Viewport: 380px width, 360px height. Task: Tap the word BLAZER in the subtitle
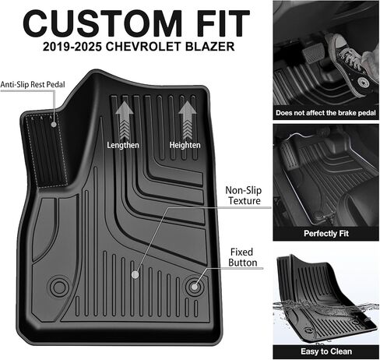208,47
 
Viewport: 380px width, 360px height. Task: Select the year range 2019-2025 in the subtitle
72,47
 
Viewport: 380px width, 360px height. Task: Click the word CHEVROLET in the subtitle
141,47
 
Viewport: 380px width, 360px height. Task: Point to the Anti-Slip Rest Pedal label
33,84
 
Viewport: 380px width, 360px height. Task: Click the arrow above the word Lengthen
124,120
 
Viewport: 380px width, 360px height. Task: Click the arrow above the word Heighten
187,120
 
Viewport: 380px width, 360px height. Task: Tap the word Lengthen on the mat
123,145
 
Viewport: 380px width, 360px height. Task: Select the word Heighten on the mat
185,145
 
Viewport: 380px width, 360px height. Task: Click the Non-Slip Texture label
244,196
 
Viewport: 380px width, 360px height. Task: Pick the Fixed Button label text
243,257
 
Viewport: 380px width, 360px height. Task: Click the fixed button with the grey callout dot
195,287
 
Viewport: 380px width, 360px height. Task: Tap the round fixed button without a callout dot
59,287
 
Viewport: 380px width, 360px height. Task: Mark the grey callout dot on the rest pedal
54,124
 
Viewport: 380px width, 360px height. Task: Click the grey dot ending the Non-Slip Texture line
135,274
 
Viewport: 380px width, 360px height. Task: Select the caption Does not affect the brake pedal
325,113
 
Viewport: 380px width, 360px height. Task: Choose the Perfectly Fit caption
326,233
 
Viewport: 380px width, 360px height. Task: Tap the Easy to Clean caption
326,351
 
